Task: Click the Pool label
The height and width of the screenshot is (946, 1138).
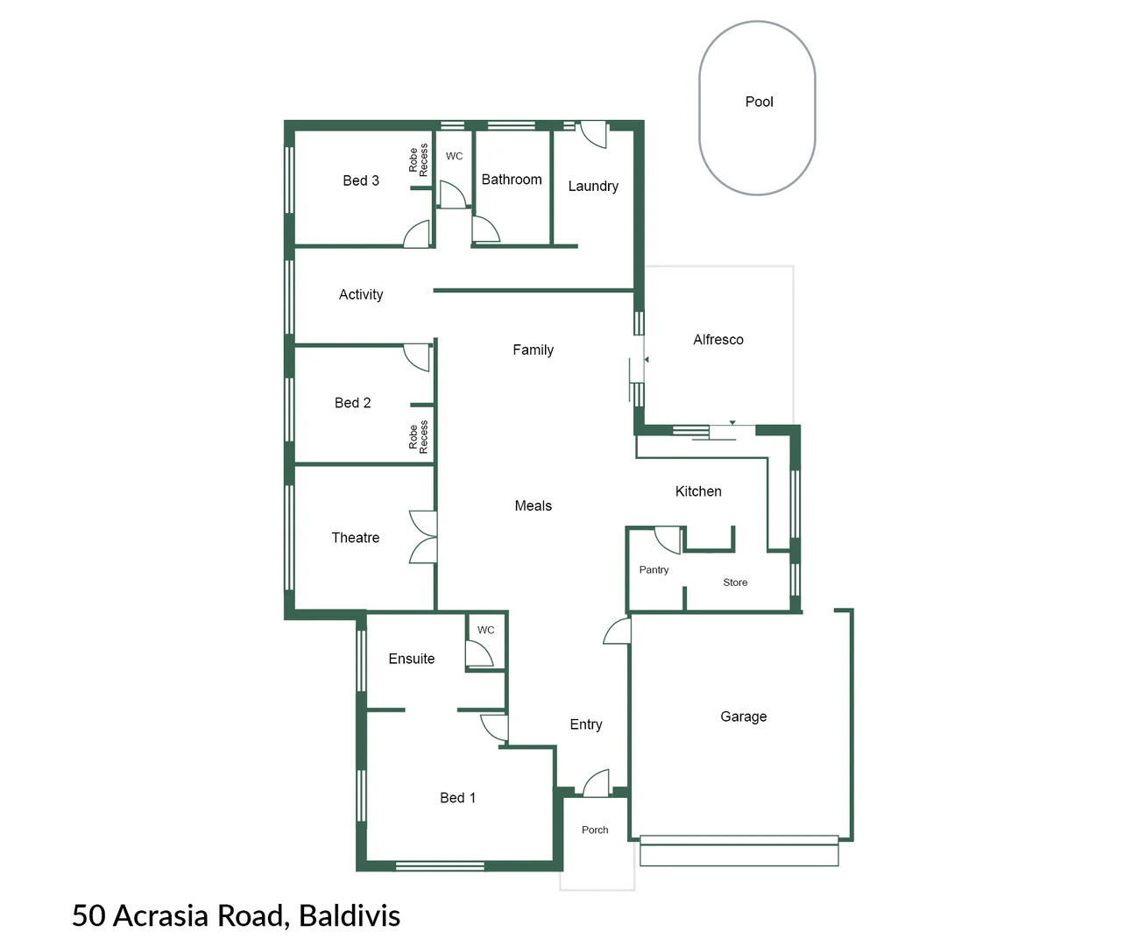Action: coord(759,102)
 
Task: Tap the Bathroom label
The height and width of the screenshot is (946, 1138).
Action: coord(512,180)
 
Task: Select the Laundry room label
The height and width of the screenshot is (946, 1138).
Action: coord(593,186)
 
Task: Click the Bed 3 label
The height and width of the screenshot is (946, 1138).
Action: coord(361,180)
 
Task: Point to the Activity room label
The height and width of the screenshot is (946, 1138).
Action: coord(361,294)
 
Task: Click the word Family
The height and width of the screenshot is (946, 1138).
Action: coord(533,349)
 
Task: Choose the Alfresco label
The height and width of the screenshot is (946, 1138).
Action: coord(717,340)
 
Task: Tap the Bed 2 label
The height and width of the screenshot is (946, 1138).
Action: coord(352,403)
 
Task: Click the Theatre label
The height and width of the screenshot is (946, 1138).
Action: coord(355,538)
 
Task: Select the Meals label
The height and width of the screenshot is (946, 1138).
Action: coord(533,505)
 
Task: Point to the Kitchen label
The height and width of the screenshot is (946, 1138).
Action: coord(698,491)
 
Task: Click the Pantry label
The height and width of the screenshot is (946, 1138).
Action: coord(654,570)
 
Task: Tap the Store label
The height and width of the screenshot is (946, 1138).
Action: coord(735,582)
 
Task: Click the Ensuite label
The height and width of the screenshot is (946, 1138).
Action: coord(411,659)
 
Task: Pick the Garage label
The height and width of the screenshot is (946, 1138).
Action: coord(743,717)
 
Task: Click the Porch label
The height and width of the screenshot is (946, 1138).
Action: coord(595,830)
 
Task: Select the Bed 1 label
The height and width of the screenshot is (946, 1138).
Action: coord(457,798)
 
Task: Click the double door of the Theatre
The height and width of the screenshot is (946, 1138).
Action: coord(424,537)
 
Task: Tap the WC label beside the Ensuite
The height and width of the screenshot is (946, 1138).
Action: coord(485,630)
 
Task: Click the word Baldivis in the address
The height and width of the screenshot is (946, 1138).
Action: coord(349,915)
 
